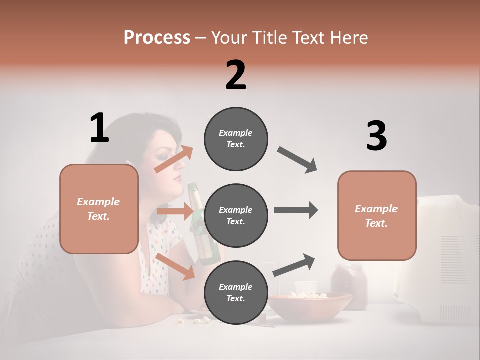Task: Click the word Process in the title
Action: click(x=157, y=38)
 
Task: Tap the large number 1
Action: click(x=99, y=128)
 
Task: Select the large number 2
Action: click(x=236, y=75)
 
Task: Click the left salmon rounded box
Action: click(x=99, y=209)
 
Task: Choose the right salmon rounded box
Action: click(x=377, y=215)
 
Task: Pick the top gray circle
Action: click(x=236, y=139)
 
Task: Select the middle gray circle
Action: click(x=236, y=215)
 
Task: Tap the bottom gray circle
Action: click(x=236, y=292)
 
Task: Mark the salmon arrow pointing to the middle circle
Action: click(x=175, y=211)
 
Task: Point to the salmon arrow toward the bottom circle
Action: click(x=175, y=266)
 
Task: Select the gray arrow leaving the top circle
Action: click(x=297, y=160)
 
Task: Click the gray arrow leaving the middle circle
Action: click(x=296, y=210)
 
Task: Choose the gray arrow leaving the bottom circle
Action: click(x=294, y=265)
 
